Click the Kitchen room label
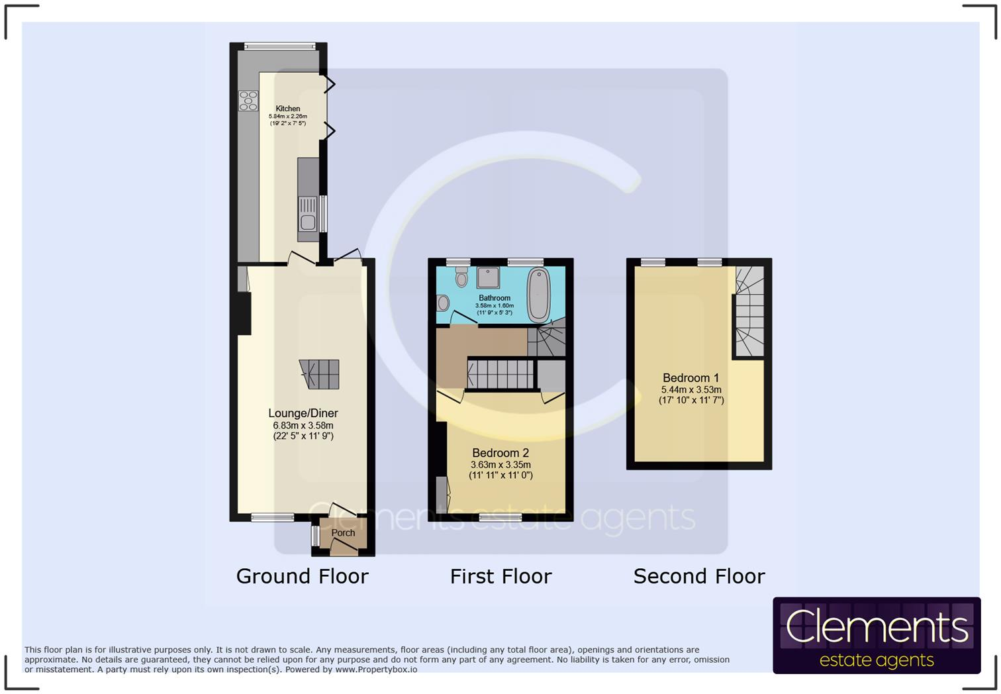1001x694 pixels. click(288, 109)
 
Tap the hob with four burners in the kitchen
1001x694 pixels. click(248, 101)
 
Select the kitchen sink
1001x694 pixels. click(308, 215)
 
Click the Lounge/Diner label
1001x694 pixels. click(303, 413)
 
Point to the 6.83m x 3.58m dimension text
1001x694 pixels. click(303, 425)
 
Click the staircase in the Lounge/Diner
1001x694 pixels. click(319, 375)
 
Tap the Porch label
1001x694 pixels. click(343, 532)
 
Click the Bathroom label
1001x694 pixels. click(495, 298)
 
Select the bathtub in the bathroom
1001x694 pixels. click(538, 295)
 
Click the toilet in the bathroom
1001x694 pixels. click(461, 277)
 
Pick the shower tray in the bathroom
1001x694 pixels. click(489, 277)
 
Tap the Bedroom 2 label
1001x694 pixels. click(501, 453)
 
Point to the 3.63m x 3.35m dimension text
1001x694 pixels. click(501, 465)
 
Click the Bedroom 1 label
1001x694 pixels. click(691, 378)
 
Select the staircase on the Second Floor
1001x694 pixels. click(749, 311)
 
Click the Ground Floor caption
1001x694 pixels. click(303, 577)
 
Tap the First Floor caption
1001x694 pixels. click(501, 577)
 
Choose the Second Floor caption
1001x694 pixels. click(699, 577)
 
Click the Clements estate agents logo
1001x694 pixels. click(877, 635)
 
